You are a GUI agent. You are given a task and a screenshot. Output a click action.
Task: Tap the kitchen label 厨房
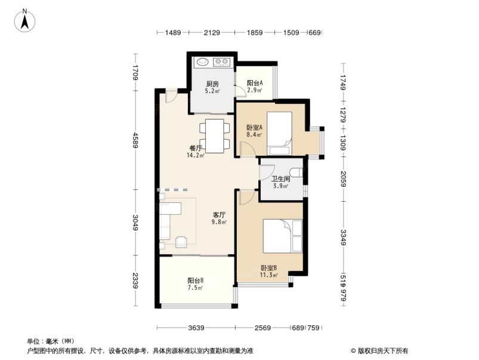[212, 84]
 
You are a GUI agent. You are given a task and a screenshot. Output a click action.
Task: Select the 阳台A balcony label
[255, 84]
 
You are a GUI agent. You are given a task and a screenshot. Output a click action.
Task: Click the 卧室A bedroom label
[255, 127]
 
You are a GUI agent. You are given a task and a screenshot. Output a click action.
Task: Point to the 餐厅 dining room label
[196, 148]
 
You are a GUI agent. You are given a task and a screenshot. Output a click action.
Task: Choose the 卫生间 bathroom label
[280, 179]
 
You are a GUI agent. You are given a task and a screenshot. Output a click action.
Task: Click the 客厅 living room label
[220, 214]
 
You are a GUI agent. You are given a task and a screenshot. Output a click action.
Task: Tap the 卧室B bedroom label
[268, 268]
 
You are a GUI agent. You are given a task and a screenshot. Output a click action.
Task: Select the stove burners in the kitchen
[222, 61]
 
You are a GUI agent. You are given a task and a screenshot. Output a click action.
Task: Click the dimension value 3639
[196, 327]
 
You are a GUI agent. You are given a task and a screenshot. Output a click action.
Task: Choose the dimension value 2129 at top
[212, 33]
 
